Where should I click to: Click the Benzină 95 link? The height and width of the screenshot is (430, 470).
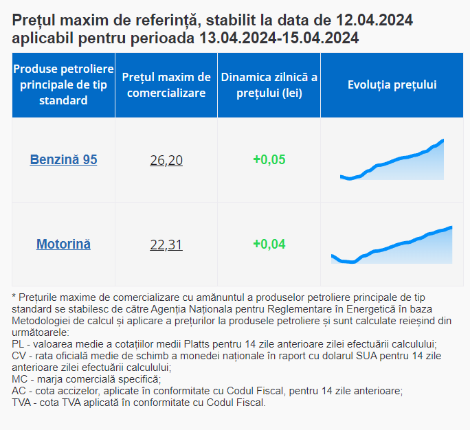63,160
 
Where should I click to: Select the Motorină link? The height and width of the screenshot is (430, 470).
63,244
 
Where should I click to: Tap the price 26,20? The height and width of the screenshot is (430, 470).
166,160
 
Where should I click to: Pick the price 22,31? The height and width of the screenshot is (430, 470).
166,244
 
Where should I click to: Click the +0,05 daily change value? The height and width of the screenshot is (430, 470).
269,160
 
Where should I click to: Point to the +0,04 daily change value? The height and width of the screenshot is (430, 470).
269,244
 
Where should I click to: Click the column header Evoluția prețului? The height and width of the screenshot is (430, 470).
392,84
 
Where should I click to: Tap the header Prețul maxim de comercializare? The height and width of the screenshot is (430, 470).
166,84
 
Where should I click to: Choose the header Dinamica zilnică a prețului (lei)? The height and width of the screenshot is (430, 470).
269,84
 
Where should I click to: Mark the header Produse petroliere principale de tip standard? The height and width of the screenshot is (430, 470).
63,84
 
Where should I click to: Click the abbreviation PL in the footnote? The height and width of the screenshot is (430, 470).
19,343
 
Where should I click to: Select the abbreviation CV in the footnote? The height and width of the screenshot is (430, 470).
19,356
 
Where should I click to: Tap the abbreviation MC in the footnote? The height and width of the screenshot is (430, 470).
20,379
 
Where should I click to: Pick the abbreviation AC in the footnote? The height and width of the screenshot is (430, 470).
19,391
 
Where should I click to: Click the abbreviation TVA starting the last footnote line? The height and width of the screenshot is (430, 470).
23,403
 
